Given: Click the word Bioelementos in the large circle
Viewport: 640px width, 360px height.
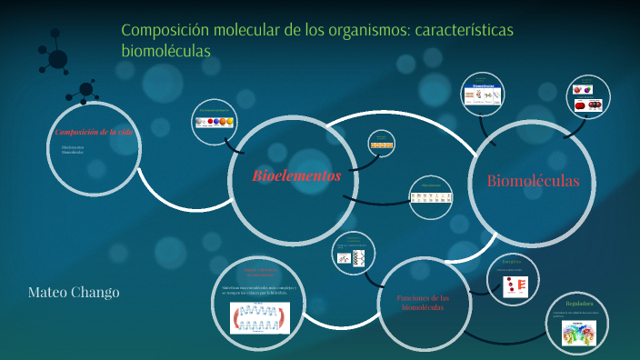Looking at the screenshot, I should (x=296, y=175).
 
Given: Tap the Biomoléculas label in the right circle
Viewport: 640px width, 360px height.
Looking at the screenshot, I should (x=533, y=180).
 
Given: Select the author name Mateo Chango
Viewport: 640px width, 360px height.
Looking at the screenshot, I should (x=74, y=292).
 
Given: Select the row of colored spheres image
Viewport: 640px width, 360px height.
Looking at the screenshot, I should (x=215, y=122).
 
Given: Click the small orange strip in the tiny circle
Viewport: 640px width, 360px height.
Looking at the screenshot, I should (x=382, y=145).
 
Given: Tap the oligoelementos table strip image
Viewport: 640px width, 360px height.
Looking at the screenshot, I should (x=430, y=196).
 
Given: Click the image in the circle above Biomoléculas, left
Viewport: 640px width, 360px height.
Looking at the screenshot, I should (x=483, y=94).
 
